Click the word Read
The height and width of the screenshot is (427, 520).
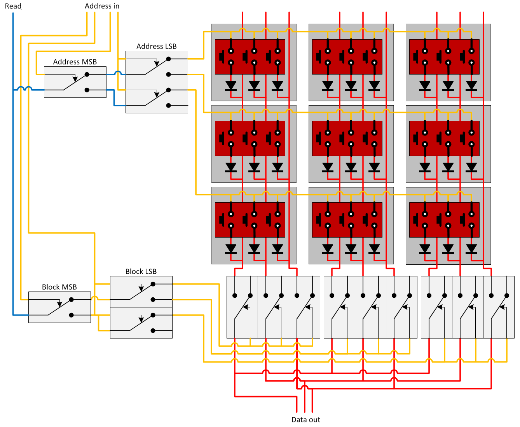(13, 6)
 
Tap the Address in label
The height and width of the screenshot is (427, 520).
(102, 6)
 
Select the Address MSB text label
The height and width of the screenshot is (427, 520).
(75, 62)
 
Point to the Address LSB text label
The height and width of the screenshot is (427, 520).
(156, 46)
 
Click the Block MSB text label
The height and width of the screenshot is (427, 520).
(59, 287)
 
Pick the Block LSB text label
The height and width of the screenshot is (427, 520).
(141, 271)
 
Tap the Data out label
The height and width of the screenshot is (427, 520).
(305, 420)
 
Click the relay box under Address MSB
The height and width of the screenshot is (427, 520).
(75, 82)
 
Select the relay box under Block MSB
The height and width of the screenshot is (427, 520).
(59, 307)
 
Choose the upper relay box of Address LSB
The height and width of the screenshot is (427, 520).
(157, 66)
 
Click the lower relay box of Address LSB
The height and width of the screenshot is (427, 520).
(157, 97)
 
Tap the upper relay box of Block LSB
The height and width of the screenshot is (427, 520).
(141, 292)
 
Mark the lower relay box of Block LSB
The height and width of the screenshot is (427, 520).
(141, 323)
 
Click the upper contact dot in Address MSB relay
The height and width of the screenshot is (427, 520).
(87, 74)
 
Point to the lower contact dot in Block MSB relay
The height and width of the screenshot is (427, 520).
(71, 315)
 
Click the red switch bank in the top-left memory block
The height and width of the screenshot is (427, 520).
(250, 57)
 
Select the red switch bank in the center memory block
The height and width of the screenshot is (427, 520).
(347, 138)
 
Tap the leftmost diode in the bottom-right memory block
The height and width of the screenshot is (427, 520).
(425, 248)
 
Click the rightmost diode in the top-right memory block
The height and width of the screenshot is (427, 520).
(471, 85)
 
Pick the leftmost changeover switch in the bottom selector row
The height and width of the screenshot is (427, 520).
(242, 307)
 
